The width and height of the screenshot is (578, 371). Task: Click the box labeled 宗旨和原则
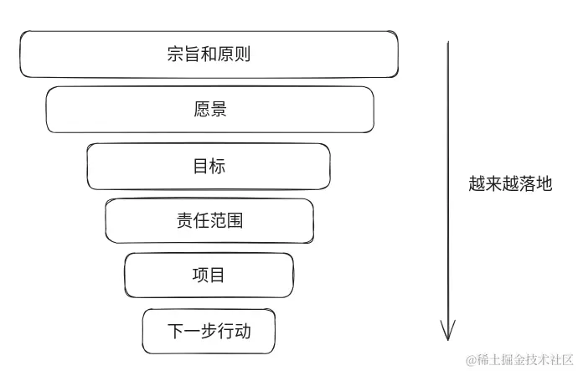pyautogui.click(x=209, y=54)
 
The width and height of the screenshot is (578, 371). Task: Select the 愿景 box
pyautogui.click(x=209, y=110)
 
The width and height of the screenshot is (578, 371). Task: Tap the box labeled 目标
pyautogui.click(x=209, y=166)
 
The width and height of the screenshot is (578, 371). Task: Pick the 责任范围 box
pyautogui.click(x=209, y=221)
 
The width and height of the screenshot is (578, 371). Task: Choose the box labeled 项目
pyautogui.click(x=209, y=275)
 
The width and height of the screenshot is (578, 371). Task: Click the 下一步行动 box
pyautogui.click(x=209, y=330)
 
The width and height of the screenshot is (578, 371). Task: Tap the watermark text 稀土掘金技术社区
pyautogui.click(x=520, y=359)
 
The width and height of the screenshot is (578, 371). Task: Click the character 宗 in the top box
pyautogui.click(x=175, y=55)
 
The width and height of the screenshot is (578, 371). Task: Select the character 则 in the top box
pyautogui.click(x=243, y=55)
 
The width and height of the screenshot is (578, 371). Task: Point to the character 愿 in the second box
pyautogui.click(x=201, y=110)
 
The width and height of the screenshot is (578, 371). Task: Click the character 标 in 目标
pyautogui.click(x=217, y=166)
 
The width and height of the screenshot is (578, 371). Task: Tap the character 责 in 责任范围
pyautogui.click(x=183, y=221)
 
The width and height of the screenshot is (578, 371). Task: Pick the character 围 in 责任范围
pyautogui.click(x=235, y=221)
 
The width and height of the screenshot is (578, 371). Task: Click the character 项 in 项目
pyautogui.click(x=200, y=275)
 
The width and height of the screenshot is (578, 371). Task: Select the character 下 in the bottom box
pyautogui.click(x=175, y=330)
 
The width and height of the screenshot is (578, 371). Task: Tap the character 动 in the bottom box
pyautogui.click(x=243, y=330)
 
